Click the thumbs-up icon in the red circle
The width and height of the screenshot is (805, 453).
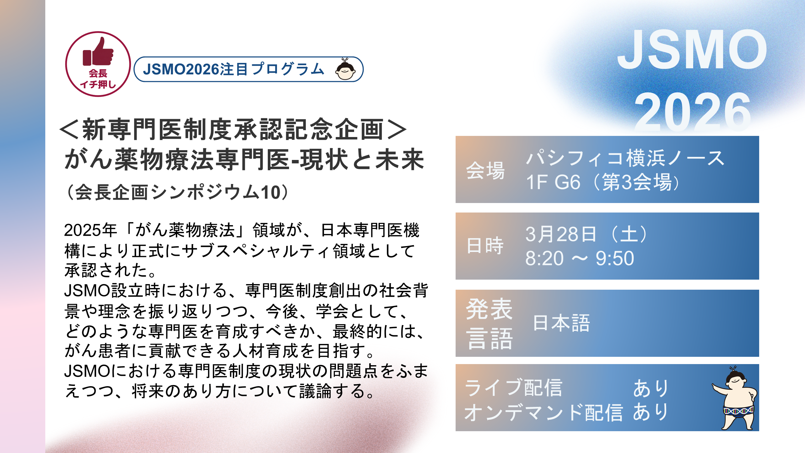[x=98, y=52]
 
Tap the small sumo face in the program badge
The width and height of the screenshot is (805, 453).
[x=345, y=69]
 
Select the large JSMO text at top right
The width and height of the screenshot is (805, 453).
[x=692, y=49]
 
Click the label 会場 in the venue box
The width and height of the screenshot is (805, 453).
[x=485, y=170]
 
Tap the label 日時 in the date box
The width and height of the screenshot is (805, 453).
[x=485, y=246]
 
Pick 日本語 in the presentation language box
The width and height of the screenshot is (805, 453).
[x=562, y=323]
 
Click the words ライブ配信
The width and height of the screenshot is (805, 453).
[x=513, y=388]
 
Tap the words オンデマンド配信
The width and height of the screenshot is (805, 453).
[x=543, y=412]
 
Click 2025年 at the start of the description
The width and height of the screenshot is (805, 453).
[x=90, y=230]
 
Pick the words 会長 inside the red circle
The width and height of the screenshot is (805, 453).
[x=98, y=74]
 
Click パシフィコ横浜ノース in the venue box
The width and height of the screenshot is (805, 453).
[x=625, y=158]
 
